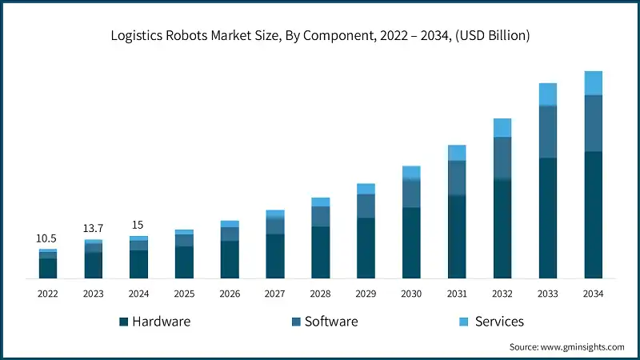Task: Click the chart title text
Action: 320,36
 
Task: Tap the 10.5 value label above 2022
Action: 47,238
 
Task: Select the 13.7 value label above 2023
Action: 93,229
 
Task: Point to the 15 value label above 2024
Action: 138,225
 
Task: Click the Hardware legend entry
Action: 155,322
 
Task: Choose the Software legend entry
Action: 324,322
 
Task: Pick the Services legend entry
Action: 491,322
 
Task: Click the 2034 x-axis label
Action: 593,294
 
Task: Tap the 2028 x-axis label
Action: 320,294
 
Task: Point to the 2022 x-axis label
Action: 47,294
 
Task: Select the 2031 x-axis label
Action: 457,294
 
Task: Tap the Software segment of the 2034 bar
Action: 593,123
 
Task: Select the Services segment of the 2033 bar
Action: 547,94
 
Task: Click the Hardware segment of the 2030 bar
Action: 411,243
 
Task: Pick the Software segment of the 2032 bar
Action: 502,158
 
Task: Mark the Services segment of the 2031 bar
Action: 457,153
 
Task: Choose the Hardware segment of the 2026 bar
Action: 230,259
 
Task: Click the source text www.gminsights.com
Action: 566,347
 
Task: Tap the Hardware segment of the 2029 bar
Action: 366,248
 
